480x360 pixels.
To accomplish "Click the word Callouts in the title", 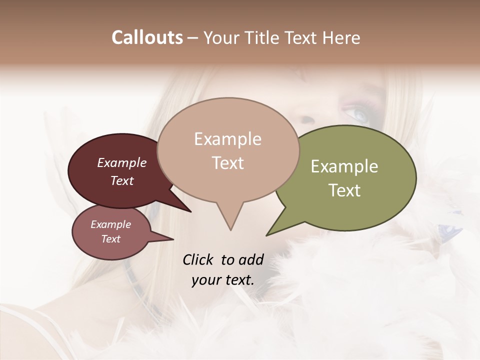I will click(147, 37).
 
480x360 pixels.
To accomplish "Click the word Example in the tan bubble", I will click(227, 139).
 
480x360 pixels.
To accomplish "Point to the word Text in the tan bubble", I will click(228, 163).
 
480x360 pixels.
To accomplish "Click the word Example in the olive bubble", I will click(344, 166).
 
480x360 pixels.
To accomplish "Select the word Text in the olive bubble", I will click(344, 190).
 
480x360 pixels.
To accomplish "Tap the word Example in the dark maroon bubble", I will click(122, 162).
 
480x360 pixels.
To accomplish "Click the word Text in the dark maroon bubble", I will click(122, 180).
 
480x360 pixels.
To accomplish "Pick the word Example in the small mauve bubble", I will click(111, 224).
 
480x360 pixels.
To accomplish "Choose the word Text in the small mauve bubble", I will click(111, 239).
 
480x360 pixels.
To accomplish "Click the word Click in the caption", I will click(198, 259).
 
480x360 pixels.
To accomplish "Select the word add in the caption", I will click(250, 259).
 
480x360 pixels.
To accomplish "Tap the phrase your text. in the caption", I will click(223, 280).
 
